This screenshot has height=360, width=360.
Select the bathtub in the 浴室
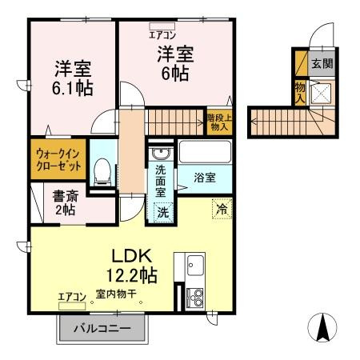click(x=204, y=152)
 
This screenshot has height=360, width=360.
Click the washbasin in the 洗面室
click(x=161, y=154)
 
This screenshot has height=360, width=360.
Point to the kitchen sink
click(x=194, y=265)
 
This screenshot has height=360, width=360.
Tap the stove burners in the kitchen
click(x=194, y=298)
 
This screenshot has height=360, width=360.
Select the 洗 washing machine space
click(x=162, y=212)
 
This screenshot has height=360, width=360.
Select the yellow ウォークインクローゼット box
click(x=58, y=160)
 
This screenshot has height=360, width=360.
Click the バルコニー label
click(x=103, y=329)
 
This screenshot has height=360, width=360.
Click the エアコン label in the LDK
click(x=72, y=297)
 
